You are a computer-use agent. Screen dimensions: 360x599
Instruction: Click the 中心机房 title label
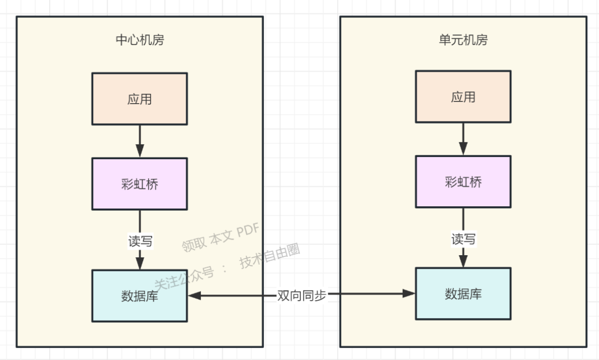140,40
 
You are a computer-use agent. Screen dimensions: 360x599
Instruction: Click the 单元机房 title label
463,40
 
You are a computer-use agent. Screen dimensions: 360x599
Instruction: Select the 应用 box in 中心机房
140,99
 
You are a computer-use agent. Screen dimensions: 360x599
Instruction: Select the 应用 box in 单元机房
463,97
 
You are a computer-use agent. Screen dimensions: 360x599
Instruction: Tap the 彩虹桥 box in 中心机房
140,184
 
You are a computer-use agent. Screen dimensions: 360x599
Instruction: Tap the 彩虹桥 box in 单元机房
463,181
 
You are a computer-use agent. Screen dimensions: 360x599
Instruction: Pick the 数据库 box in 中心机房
140,296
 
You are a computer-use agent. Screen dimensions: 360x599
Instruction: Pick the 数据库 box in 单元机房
463,293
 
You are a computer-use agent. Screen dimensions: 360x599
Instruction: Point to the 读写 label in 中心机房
140,241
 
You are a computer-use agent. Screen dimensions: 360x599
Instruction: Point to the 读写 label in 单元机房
463,239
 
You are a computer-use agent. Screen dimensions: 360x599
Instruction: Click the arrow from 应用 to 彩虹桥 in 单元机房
463,139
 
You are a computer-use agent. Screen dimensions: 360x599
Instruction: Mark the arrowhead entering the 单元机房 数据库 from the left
409,293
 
